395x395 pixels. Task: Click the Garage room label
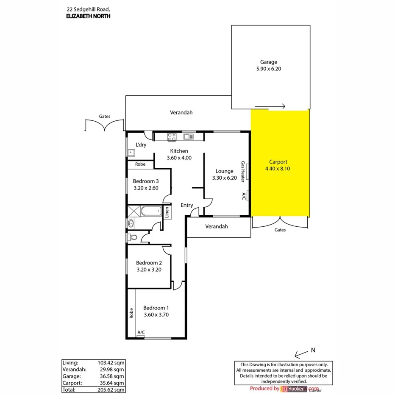click(269, 62)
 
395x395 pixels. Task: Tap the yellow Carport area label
click(278, 161)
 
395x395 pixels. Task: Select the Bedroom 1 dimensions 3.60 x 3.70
click(156, 314)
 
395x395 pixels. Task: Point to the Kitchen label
click(179, 151)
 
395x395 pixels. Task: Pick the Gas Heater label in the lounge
click(243, 172)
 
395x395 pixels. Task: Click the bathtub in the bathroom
click(150, 211)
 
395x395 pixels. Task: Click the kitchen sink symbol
click(188, 136)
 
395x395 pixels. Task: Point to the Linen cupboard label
click(167, 211)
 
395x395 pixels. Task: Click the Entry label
click(187, 205)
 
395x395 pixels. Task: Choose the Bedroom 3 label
click(145, 181)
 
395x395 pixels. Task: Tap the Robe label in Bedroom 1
click(131, 313)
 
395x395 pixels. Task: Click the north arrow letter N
click(313, 350)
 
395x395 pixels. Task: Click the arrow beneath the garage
click(270, 106)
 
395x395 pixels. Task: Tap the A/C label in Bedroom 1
click(141, 332)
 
